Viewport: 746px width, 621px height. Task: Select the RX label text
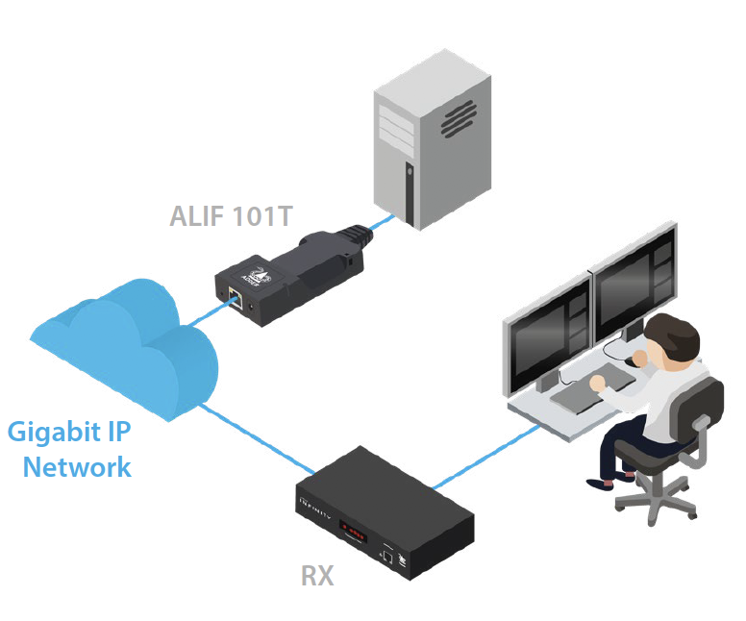pyautogui.click(x=317, y=575)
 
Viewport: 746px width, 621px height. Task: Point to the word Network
pyautogui.click(x=77, y=468)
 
